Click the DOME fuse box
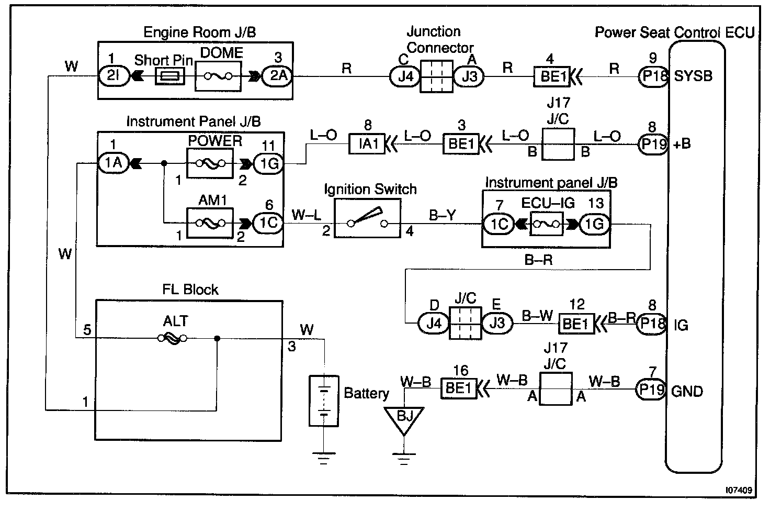[218, 76]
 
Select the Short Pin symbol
[170, 76]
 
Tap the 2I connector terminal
[114, 76]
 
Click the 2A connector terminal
[277, 76]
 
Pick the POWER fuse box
[210, 163]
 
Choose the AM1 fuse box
[210, 223]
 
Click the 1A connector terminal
[114, 163]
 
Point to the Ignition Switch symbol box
[367, 218]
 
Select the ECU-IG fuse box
[546, 224]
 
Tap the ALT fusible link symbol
[172, 338]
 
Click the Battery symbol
[324, 401]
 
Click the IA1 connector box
[367, 143]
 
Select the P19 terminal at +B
[653, 144]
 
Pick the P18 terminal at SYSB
[653, 76]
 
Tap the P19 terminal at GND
[651, 390]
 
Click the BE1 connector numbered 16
[459, 388]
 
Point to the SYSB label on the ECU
[693, 76]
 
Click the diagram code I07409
[739, 490]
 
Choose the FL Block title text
[190, 290]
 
